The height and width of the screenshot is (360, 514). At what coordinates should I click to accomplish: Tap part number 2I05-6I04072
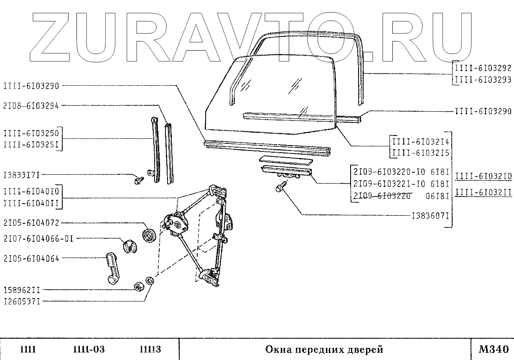[31, 223]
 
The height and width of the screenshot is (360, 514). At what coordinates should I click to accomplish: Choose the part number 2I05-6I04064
[31, 258]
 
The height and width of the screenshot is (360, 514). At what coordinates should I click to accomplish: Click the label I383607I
[431, 216]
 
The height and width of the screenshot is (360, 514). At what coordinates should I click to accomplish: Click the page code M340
[493, 349]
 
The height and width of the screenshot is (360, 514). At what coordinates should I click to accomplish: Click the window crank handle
[113, 267]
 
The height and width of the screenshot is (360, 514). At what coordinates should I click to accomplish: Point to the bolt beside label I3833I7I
[139, 180]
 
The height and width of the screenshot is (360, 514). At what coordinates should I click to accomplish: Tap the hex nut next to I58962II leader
[138, 288]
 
